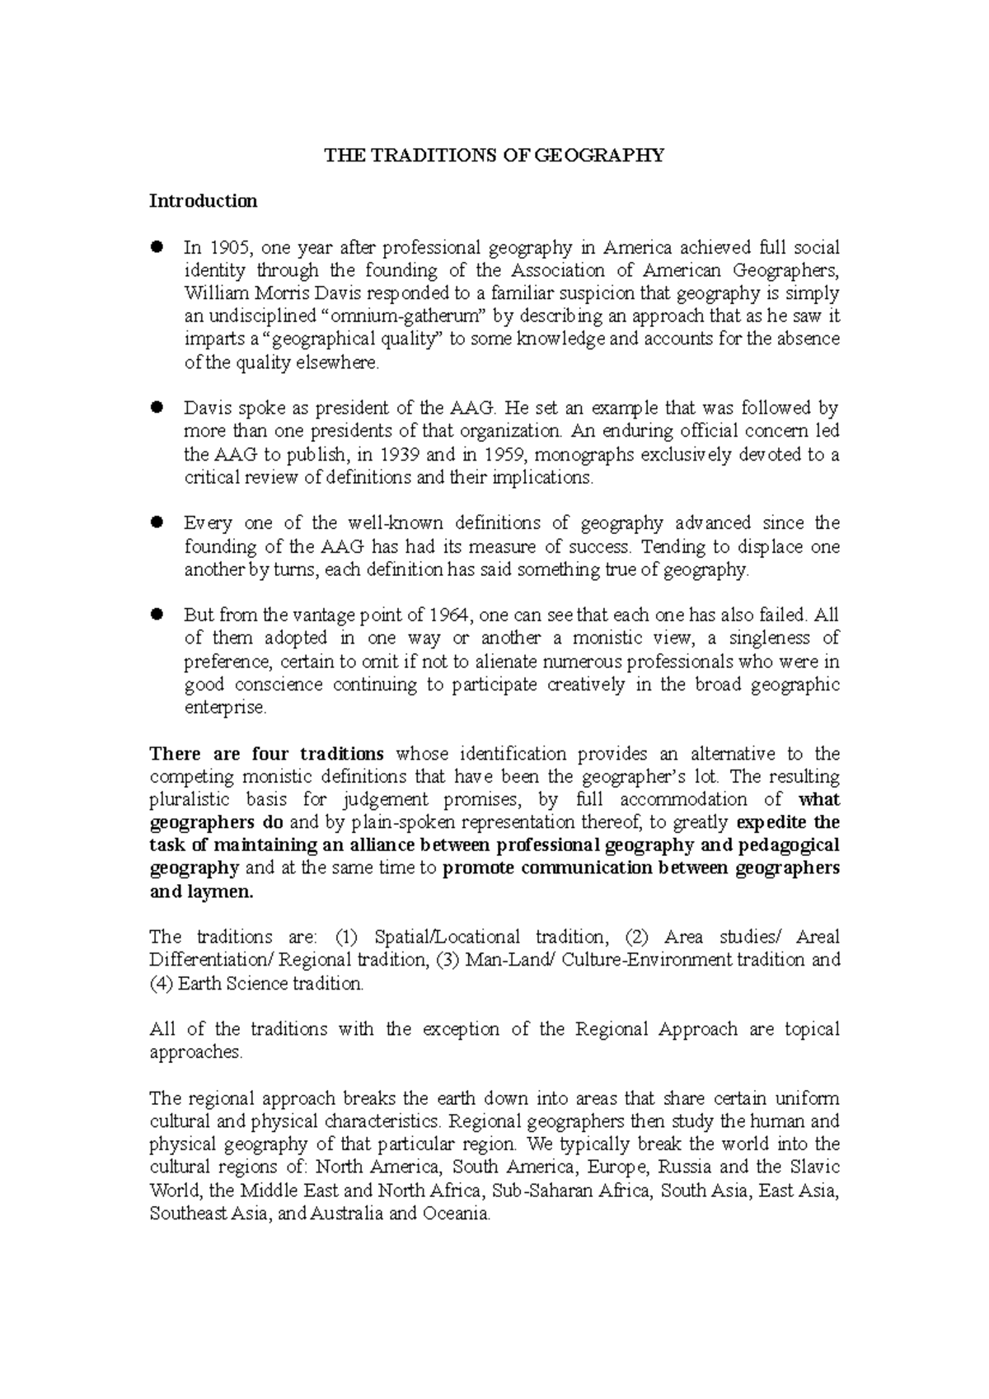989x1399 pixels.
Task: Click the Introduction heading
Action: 203,201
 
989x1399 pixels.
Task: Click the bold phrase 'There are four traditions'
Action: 266,754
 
